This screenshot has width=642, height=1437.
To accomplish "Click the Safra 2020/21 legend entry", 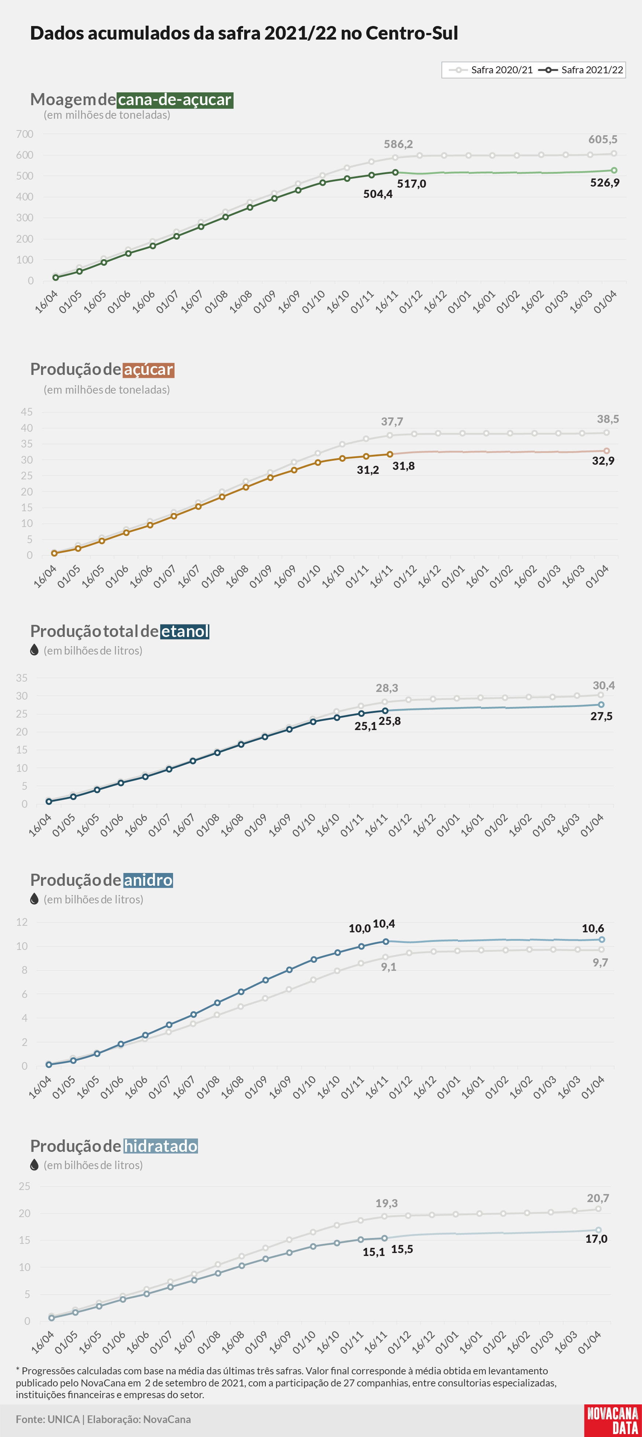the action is click(491, 70).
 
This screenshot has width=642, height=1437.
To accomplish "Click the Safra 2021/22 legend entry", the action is click(581, 70).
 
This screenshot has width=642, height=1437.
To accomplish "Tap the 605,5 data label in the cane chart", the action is click(602, 140).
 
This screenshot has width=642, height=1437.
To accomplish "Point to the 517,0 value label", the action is click(411, 184).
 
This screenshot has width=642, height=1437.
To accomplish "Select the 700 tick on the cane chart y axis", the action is click(25, 134).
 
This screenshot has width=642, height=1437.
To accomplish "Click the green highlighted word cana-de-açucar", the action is click(175, 100).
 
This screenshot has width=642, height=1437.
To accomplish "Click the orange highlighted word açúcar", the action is click(148, 370).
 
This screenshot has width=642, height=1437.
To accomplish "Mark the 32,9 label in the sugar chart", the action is click(603, 461).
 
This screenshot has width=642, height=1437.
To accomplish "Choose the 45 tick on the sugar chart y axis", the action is click(27, 412).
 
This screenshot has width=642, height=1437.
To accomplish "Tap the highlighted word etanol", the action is click(185, 631).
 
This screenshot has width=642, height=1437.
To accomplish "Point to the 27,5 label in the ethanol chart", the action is click(601, 716).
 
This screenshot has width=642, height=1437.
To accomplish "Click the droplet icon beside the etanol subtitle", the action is click(34, 650).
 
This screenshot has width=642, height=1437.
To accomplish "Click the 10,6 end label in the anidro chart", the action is click(593, 928).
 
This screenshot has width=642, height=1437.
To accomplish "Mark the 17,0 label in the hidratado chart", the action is click(596, 1239).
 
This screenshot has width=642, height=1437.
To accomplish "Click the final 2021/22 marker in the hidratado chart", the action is click(598, 1230).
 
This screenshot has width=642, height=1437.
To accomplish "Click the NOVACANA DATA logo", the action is click(612, 1420).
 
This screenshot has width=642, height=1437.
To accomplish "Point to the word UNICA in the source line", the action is click(64, 1419).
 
